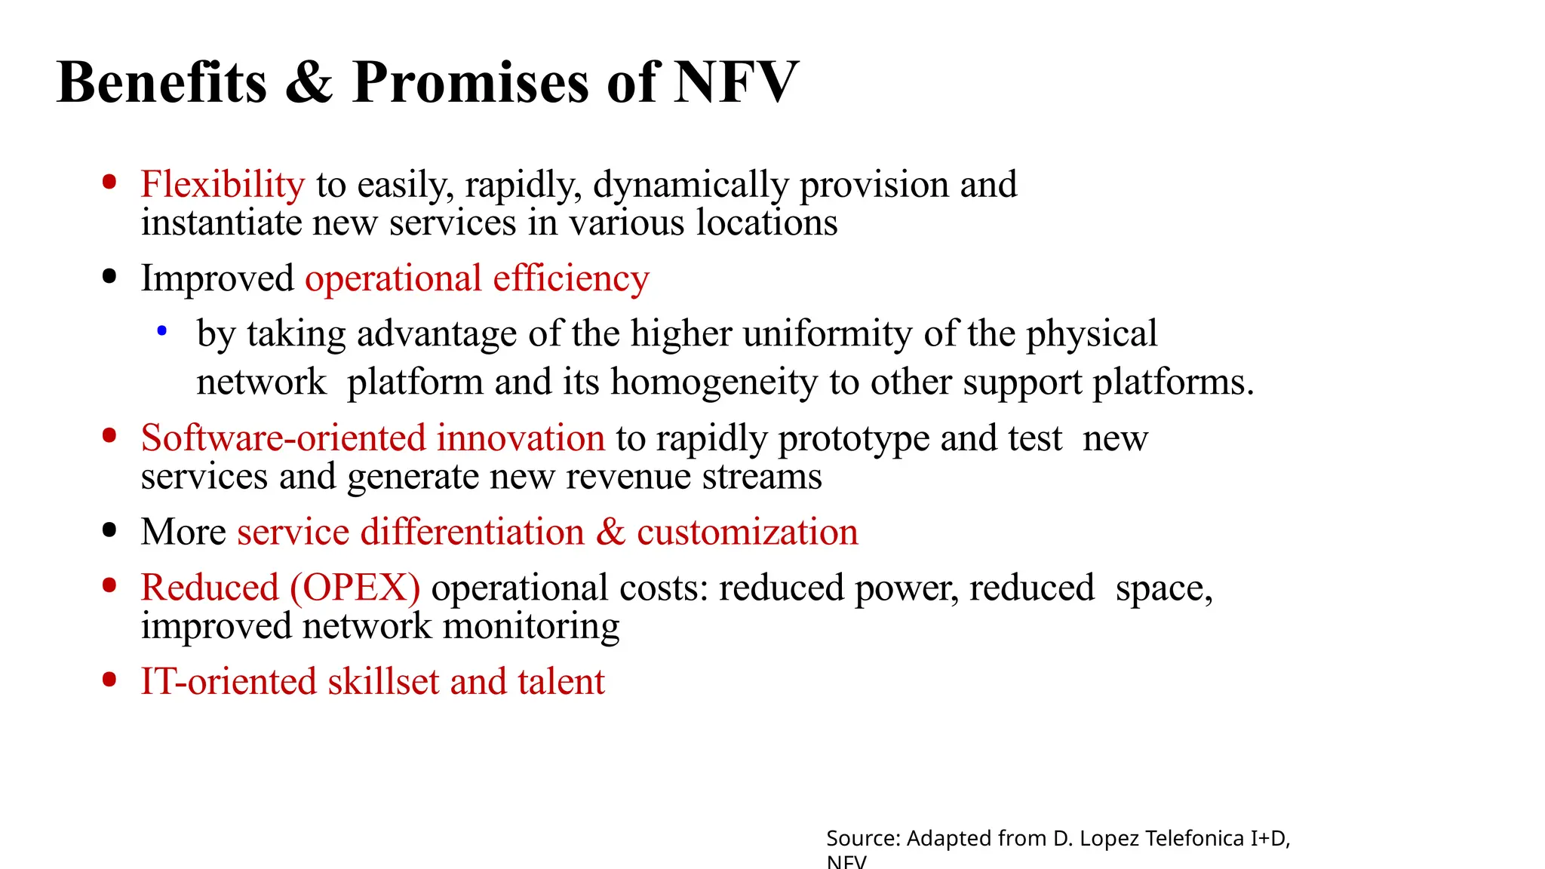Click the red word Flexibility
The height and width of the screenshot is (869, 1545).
(223, 185)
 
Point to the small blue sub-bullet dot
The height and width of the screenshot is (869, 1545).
(161, 330)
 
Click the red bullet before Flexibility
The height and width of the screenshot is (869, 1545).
(109, 182)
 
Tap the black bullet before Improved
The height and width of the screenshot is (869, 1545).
(109, 276)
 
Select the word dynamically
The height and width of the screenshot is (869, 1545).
(690, 185)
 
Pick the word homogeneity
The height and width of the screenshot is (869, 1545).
(714, 382)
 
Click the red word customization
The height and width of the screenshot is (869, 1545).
(747, 532)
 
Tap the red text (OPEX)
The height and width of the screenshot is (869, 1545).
(355, 588)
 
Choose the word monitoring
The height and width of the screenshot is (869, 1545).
(531, 626)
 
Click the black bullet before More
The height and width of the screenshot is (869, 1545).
(109, 530)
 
